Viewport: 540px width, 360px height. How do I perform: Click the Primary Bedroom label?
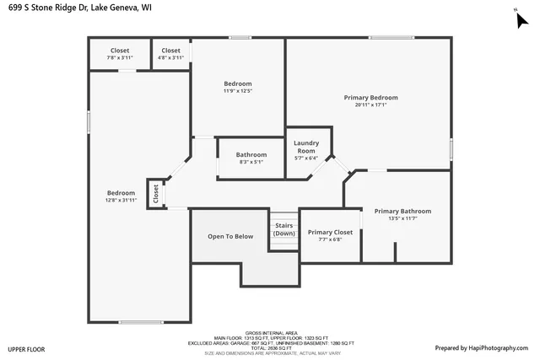(x=370, y=98)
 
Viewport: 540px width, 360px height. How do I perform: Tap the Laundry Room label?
(x=305, y=147)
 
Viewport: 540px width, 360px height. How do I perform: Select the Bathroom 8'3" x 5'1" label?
(x=251, y=154)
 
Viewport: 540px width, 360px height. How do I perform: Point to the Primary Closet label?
(x=330, y=233)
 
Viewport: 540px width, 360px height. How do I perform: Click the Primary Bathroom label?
(x=402, y=212)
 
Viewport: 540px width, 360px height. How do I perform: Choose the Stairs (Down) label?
(x=284, y=229)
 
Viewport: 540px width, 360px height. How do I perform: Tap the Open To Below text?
(x=230, y=236)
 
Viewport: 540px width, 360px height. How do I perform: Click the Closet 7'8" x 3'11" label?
(x=120, y=51)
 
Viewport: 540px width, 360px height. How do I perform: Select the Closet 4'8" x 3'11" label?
(x=170, y=51)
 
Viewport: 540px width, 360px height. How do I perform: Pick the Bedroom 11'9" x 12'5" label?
(x=237, y=83)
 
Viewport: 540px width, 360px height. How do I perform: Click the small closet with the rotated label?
(x=156, y=193)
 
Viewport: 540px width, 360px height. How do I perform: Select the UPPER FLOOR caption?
(x=26, y=348)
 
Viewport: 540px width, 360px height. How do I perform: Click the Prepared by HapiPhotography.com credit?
(x=481, y=347)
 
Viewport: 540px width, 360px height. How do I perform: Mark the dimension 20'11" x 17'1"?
(x=370, y=105)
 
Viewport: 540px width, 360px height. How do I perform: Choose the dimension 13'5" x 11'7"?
(x=402, y=218)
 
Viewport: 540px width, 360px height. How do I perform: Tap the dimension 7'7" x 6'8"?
(x=330, y=239)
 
